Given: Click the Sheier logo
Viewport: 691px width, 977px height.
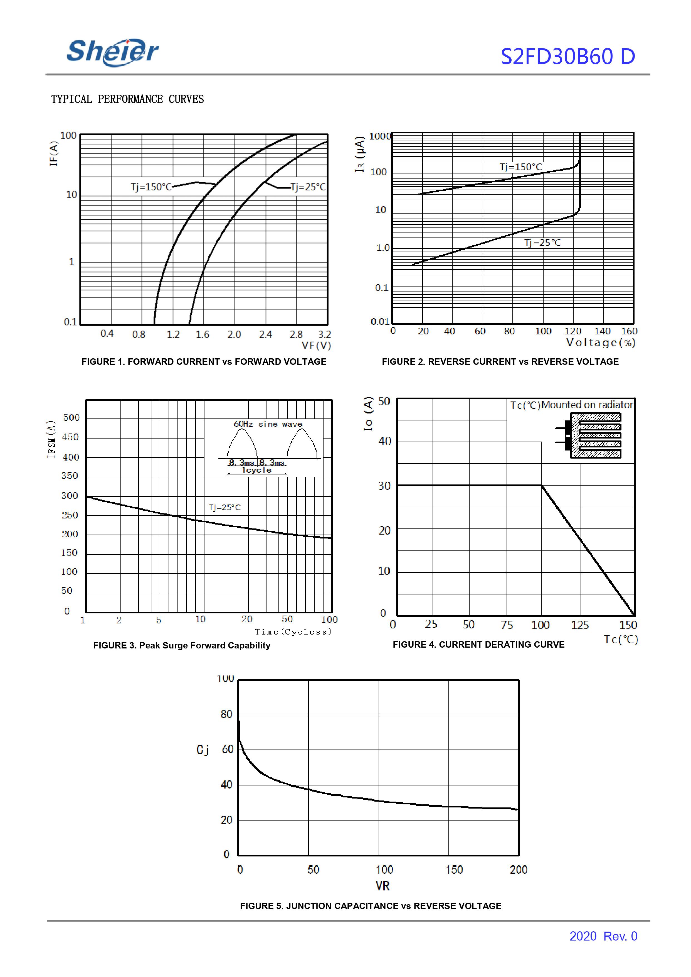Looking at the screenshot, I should [113, 52].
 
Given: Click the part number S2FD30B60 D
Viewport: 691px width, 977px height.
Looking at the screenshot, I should [567, 57].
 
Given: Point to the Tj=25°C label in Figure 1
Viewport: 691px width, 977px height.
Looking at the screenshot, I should [308, 187].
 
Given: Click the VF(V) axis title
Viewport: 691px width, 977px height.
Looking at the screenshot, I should [316, 346].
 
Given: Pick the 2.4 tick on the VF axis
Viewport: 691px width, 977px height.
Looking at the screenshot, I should [265, 335].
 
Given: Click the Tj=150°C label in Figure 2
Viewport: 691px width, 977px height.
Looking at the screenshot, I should [521, 167].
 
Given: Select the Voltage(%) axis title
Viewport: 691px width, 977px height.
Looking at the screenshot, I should [601, 343].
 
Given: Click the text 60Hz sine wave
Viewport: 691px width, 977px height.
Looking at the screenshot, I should [268, 424].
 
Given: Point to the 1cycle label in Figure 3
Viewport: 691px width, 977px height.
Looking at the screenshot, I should [256, 470].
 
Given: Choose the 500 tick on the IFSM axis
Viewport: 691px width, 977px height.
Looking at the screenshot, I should [71, 418].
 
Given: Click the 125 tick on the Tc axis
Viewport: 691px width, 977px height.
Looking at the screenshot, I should [579, 625].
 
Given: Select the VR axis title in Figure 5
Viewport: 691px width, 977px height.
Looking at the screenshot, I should [382, 886].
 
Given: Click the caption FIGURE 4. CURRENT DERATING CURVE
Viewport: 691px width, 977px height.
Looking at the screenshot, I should [478, 645].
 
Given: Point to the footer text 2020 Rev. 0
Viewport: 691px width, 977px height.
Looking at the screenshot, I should [603, 936].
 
